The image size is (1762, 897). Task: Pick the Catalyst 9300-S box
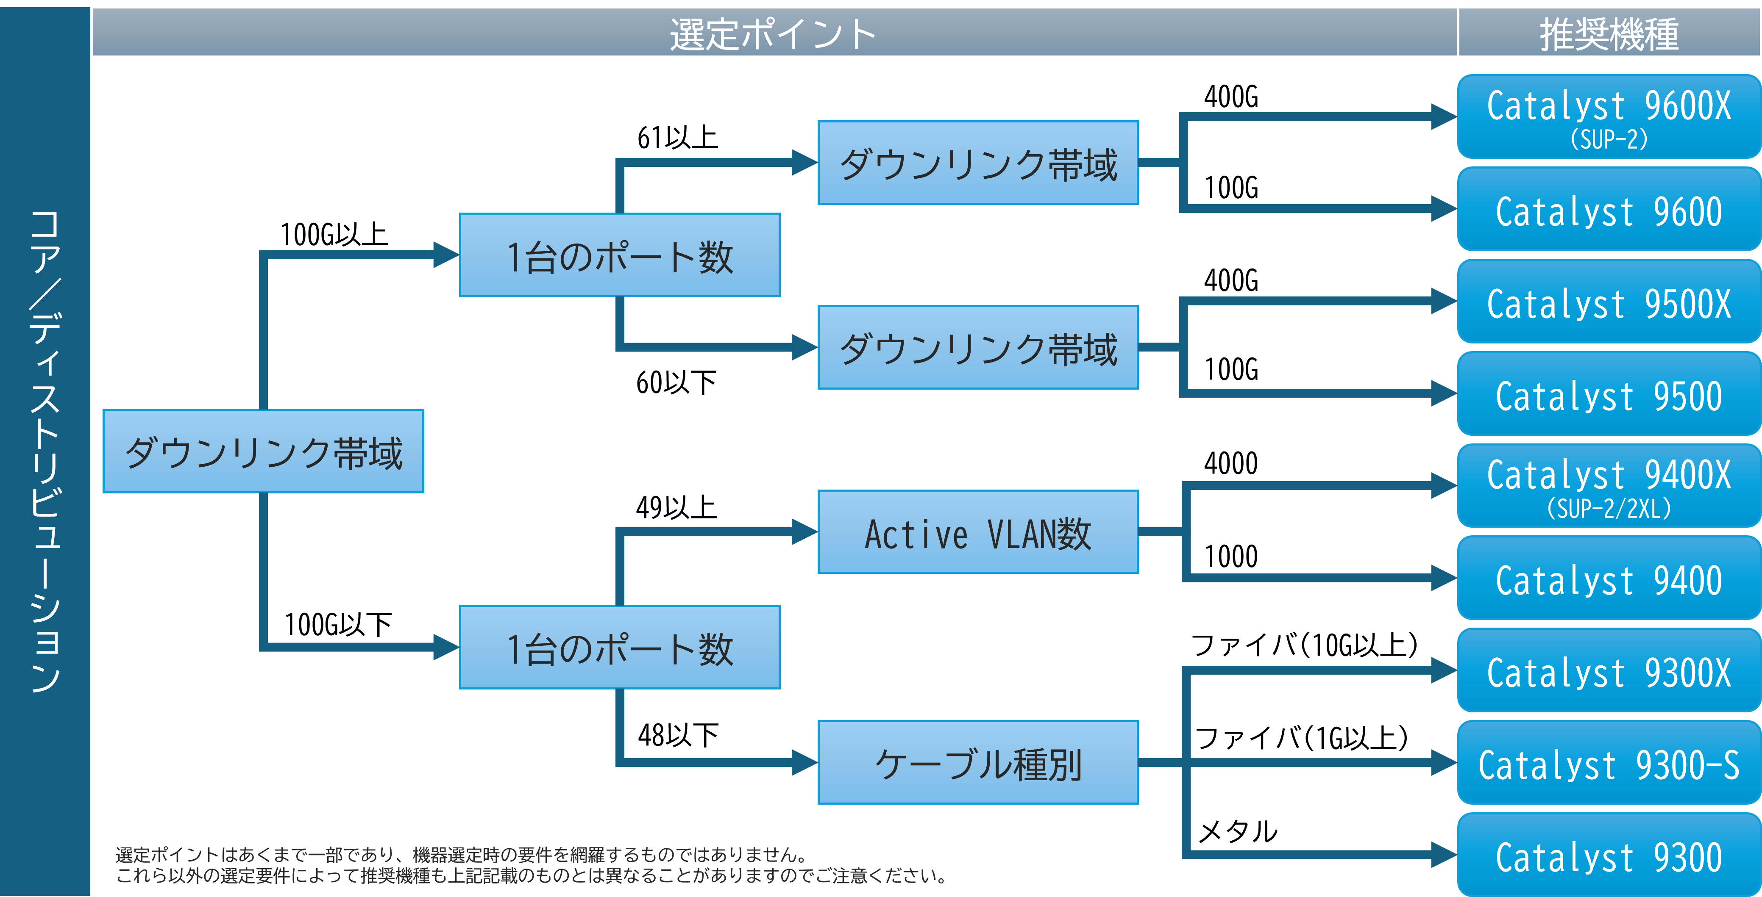pos(1609,763)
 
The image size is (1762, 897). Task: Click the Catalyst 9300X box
pos(1609,671)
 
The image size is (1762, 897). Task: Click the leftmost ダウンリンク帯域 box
pos(263,451)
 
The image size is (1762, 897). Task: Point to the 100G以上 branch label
pos(334,235)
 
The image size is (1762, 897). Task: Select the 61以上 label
pos(677,137)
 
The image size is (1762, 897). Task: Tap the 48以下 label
pos(678,735)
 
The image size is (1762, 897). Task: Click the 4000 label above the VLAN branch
pos(1230,464)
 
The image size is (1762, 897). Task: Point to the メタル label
pos(1238,831)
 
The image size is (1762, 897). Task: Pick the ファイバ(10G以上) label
pos(1304,645)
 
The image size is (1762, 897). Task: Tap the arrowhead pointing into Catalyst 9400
pos(1445,578)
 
